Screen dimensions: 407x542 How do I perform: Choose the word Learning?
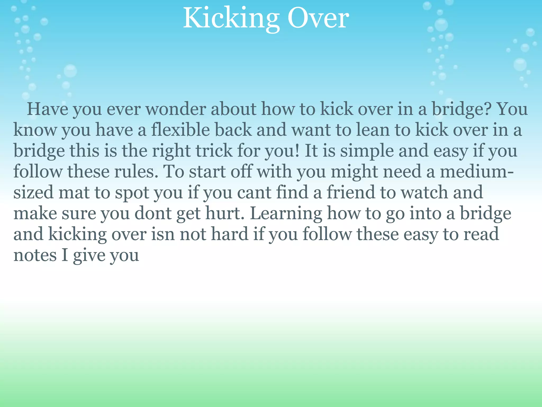[x=286, y=214]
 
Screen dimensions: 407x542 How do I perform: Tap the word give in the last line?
[x=89, y=256]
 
